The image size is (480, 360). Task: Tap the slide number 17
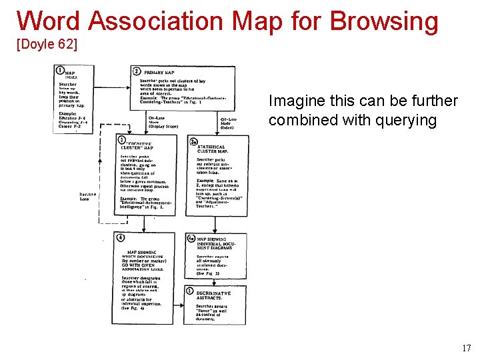[x=466, y=347]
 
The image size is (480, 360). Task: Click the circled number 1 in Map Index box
[x=61, y=69]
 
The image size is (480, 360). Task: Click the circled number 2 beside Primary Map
[x=137, y=71]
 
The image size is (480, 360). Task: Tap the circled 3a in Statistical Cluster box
[x=193, y=141]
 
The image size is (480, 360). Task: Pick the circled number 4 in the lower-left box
[x=120, y=237]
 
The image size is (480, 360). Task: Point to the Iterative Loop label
[x=86, y=197]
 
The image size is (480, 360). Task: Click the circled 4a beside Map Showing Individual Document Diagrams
[x=193, y=238]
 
